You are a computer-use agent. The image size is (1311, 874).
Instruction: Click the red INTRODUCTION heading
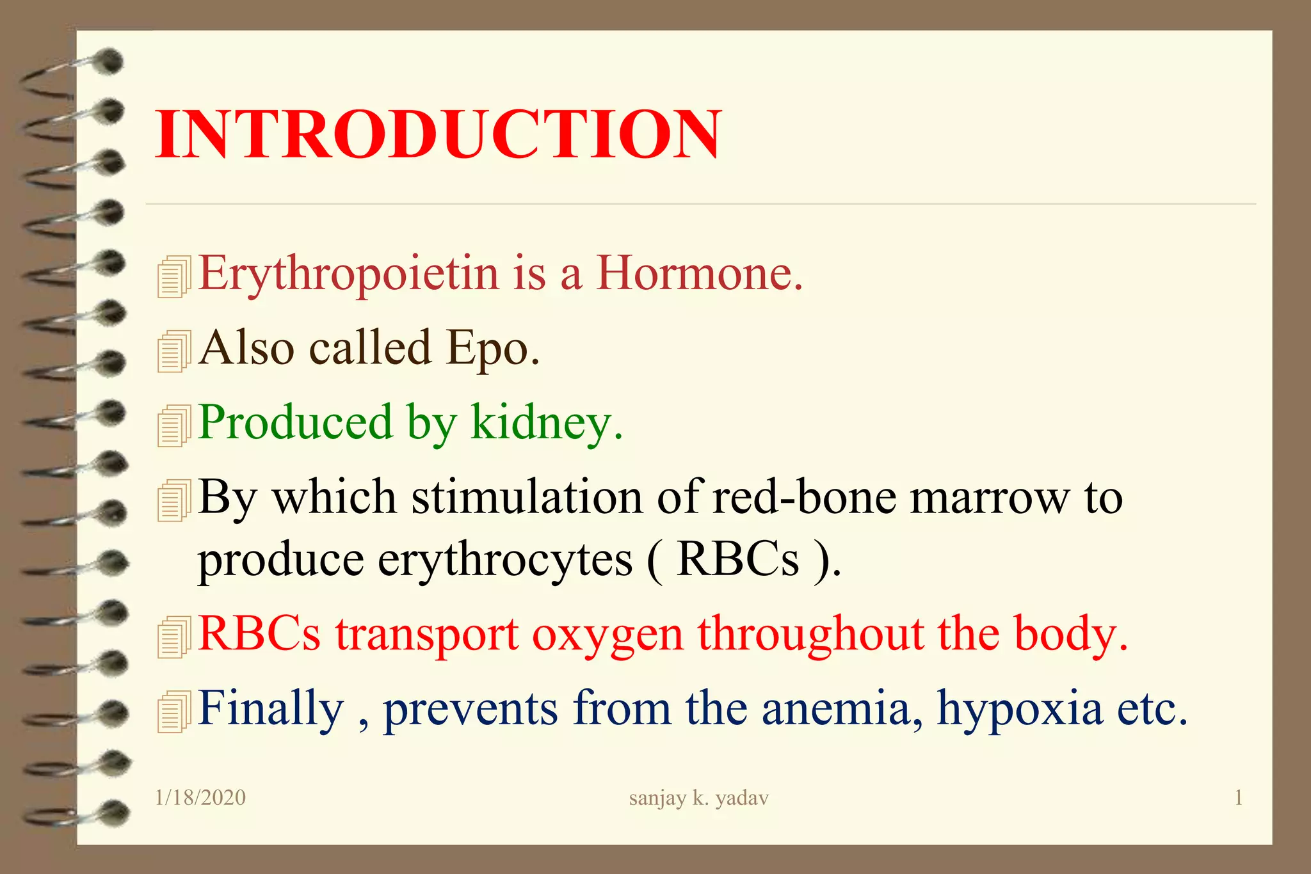click(x=438, y=134)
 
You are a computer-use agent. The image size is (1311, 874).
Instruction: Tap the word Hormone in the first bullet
click(x=699, y=274)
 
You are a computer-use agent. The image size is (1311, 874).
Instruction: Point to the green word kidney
click(x=546, y=423)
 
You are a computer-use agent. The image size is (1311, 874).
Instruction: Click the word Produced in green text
click(x=294, y=423)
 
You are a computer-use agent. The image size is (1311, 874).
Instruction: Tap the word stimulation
click(x=526, y=498)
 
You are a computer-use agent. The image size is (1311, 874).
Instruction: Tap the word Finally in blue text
click(x=270, y=709)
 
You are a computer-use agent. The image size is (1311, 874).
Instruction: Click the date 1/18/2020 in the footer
click(x=200, y=798)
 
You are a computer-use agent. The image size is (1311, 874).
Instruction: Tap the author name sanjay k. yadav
click(x=698, y=798)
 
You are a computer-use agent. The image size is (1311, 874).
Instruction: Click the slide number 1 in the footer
click(x=1238, y=798)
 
